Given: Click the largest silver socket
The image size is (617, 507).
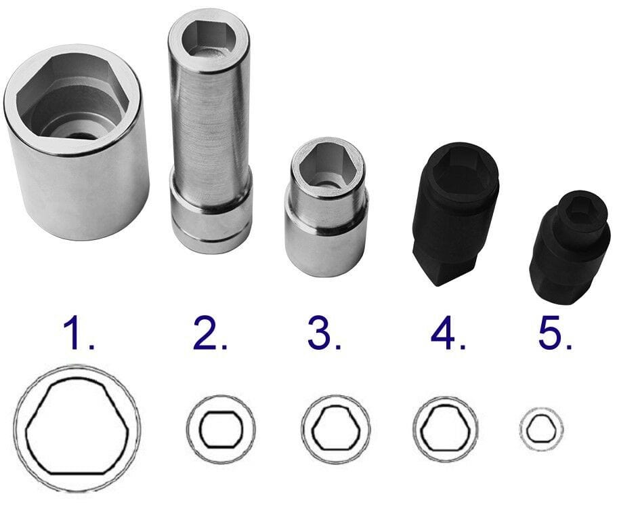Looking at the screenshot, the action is coord(77,142).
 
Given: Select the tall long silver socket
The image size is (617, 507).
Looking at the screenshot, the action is coord(210,135).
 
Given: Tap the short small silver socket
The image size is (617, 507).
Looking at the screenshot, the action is coord(326,207).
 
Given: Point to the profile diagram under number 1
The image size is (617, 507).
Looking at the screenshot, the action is coord(77,428).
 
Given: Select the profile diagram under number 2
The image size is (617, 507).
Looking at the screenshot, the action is coord(221,429).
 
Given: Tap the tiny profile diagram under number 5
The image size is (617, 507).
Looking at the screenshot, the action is coord(541,428).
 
